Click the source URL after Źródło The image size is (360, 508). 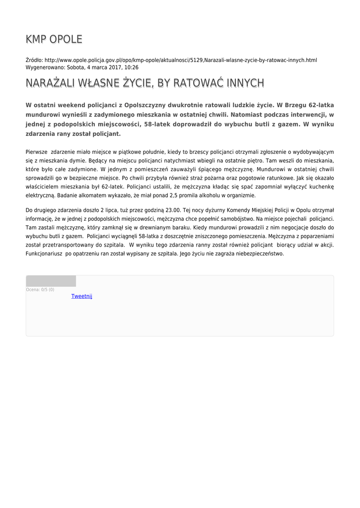click(181, 60)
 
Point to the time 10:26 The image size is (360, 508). click(132, 67)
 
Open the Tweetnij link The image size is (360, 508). click(82, 296)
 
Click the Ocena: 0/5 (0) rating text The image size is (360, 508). click(40, 290)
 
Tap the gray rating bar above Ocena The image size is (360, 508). click(51, 281)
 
